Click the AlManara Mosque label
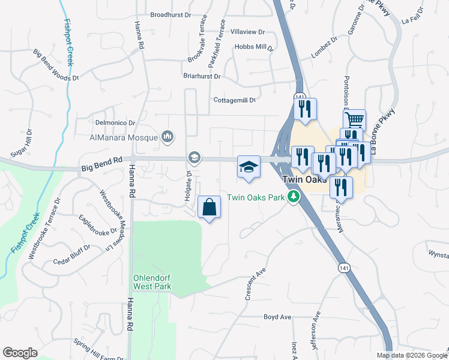pyautogui.click(x=123, y=137)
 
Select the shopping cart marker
pyautogui.click(x=354, y=119)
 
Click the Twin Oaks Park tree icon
pyautogui.click(x=294, y=197)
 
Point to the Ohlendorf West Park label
pyautogui.click(x=152, y=282)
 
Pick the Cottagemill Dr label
pyautogui.click(x=235, y=100)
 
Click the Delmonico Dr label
pyautogui.click(x=115, y=122)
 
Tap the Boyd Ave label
pyautogui.click(x=277, y=317)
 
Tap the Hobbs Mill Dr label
pyautogui.click(x=253, y=47)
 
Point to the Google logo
pyautogui.click(x=20, y=352)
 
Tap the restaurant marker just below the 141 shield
pyautogui.click(x=304, y=110)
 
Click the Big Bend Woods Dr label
pyautogui.click(x=56, y=66)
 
